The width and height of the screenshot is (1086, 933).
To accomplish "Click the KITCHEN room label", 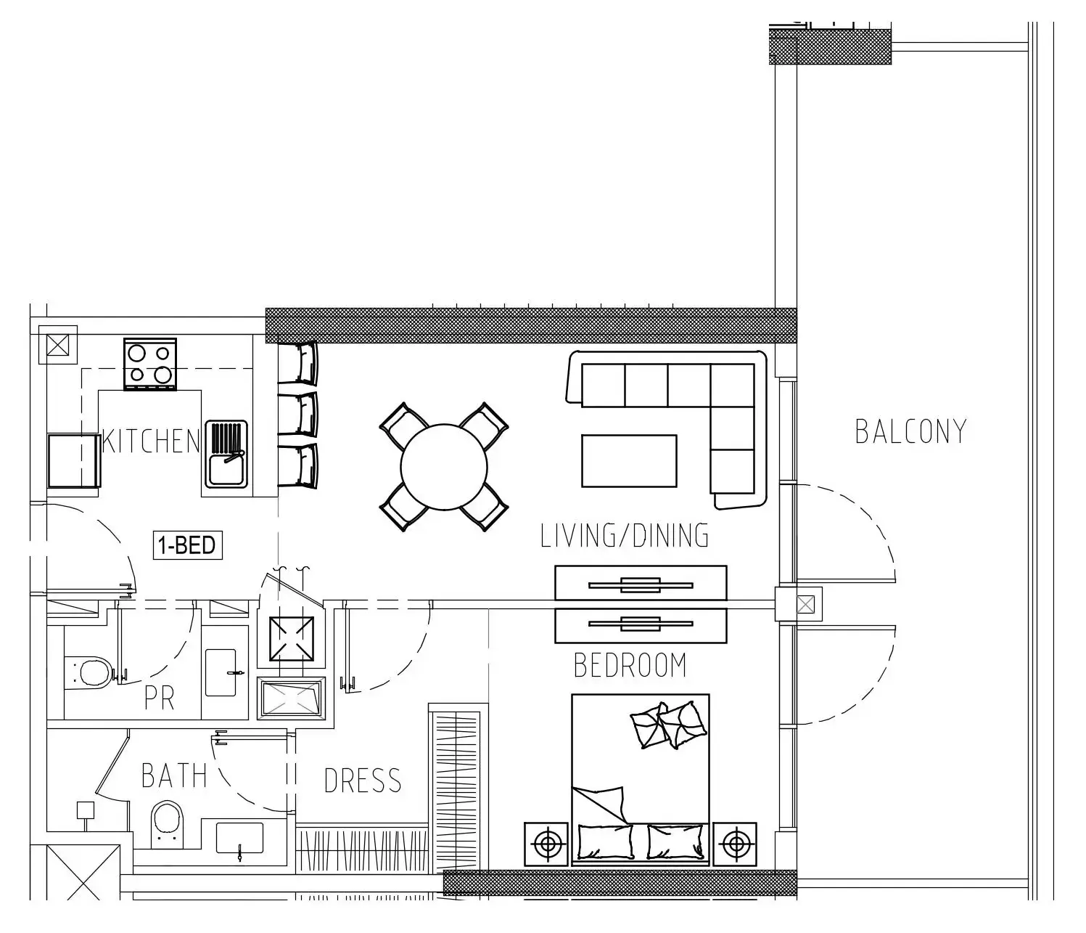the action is (152, 441).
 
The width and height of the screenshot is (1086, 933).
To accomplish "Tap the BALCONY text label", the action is (910, 432).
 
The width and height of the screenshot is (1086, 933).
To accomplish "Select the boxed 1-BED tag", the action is (187, 545).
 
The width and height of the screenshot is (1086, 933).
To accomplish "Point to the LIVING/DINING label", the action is (625, 535).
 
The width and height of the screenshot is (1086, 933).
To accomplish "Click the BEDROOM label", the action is (630, 665).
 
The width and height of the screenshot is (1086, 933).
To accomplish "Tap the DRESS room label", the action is (363, 781).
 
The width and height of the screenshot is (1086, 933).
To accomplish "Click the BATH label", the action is (174, 775).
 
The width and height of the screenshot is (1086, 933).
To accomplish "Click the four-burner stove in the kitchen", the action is (149, 364).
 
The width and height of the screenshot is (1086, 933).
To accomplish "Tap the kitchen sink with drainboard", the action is (226, 454).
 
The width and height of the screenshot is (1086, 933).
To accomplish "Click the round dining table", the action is (444, 467).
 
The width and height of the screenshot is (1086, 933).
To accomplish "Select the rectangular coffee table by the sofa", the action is (629, 461).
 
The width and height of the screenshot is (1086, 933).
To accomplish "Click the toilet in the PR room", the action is (88, 672).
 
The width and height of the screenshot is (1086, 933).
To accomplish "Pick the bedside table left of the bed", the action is (546, 844).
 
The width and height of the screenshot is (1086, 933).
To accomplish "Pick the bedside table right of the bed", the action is (734, 844).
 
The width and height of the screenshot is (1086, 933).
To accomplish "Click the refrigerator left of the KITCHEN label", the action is (74, 461).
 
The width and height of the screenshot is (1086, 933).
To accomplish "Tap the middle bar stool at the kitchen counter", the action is (298, 413).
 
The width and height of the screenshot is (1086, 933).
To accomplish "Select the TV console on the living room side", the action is (641, 583).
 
